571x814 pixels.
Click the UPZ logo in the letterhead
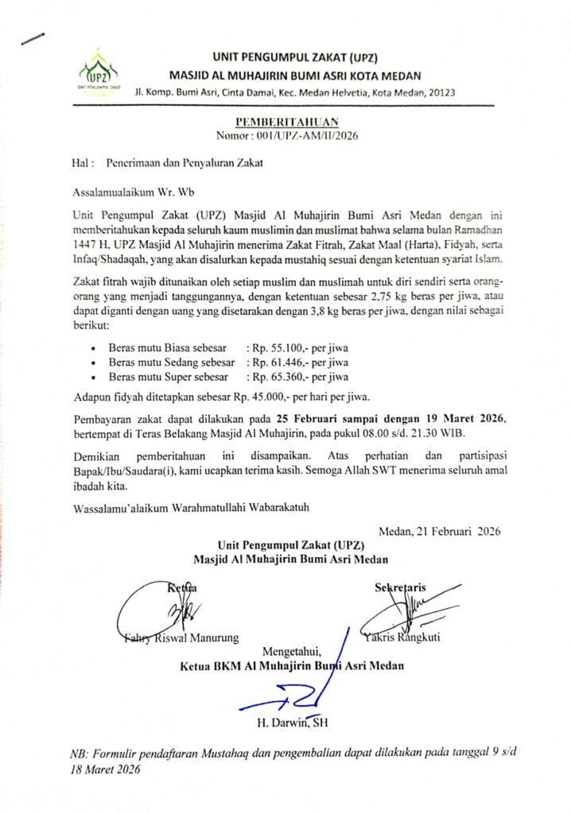[98, 70]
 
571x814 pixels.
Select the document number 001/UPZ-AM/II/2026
[318, 135]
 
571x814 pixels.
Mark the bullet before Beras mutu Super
[95, 378]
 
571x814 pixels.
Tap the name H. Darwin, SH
[292, 723]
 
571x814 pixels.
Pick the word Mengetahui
[296, 652]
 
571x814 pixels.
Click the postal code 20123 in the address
[442, 92]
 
